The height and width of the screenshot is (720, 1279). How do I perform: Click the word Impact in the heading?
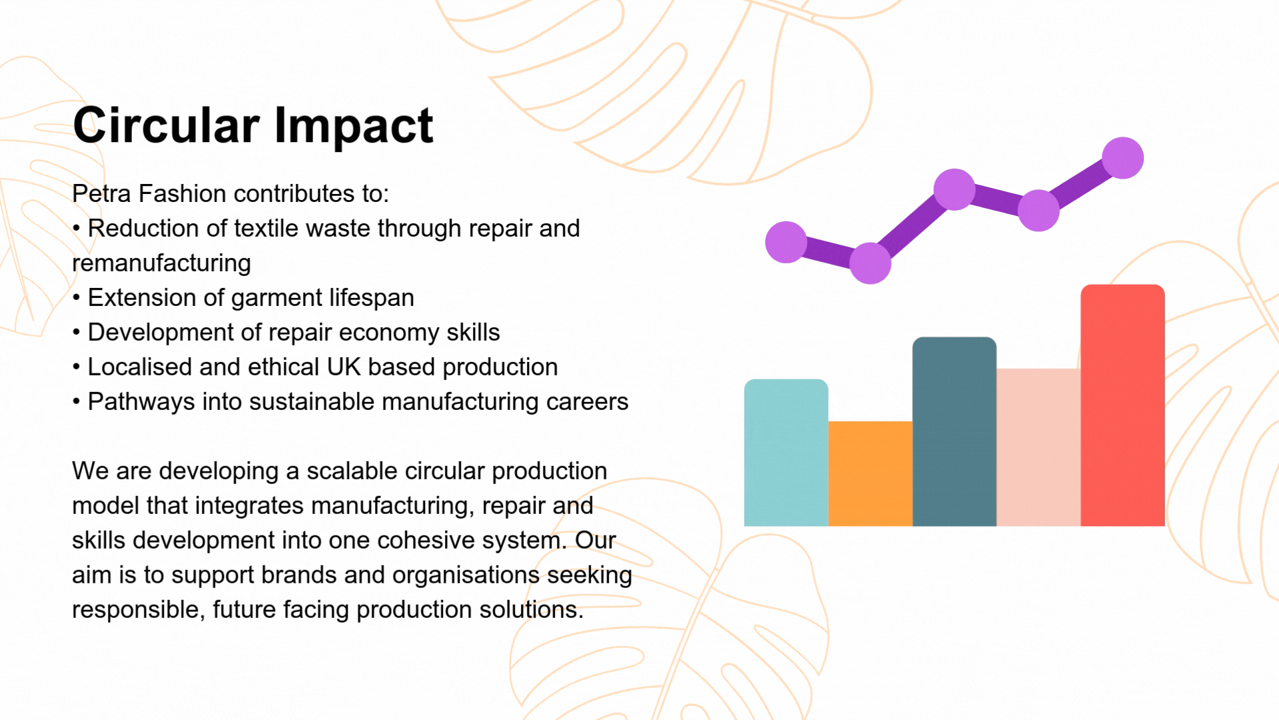[x=354, y=127]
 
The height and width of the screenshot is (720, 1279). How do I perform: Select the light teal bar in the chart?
[x=786, y=453]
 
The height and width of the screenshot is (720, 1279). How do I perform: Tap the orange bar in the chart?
[x=871, y=474]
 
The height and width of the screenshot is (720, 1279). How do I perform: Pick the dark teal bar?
[x=955, y=431]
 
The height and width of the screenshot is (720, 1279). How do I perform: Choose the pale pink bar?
[x=1039, y=447]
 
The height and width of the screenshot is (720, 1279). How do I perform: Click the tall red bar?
[x=1122, y=405]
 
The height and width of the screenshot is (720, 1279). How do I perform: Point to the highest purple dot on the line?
[x=1122, y=158]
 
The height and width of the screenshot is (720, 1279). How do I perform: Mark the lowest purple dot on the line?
[x=870, y=263]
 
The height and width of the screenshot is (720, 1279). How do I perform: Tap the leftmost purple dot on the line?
[x=786, y=242]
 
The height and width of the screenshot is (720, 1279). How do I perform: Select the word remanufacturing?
[x=161, y=263]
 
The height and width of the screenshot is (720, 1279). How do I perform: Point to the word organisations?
[x=466, y=575]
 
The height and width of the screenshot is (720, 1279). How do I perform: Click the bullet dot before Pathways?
[x=77, y=402]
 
